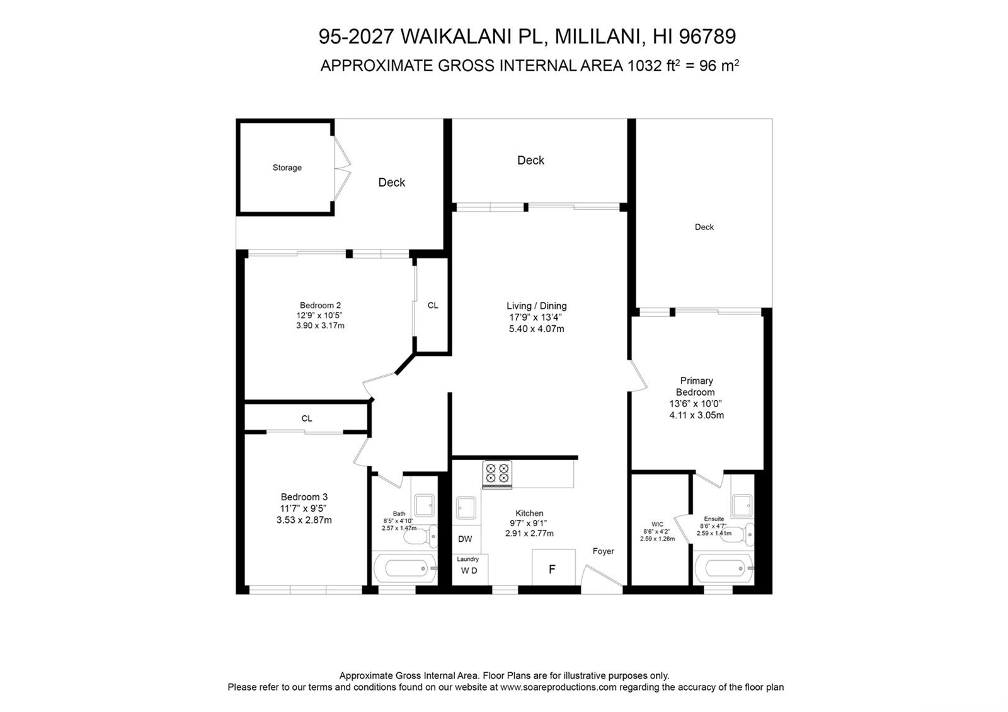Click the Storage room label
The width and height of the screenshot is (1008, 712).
tap(287, 168)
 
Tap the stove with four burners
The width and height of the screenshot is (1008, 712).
tap(497, 474)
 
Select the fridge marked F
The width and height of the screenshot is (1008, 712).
tap(554, 568)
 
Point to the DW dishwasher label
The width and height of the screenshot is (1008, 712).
tap(465, 539)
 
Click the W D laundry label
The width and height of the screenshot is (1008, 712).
tap(469, 571)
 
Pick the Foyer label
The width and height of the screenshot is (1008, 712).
tap(603, 551)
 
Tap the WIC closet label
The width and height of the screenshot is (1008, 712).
tap(657, 524)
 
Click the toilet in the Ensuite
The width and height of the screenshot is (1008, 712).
tap(738, 534)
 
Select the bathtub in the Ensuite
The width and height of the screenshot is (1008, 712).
tap(723, 568)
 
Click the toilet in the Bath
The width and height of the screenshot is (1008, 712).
tap(420, 536)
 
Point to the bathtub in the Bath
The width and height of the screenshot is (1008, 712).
tap(405, 568)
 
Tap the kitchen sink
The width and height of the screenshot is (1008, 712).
tap(466, 508)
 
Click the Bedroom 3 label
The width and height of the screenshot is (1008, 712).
tap(304, 497)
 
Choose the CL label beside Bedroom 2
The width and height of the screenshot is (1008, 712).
tap(432, 305)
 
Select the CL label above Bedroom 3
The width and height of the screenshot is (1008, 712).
tap(306, 418)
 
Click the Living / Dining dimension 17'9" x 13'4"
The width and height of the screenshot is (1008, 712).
tap(536, 317)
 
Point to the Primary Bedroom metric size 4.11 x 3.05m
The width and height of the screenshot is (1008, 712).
tap(696, 415)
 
